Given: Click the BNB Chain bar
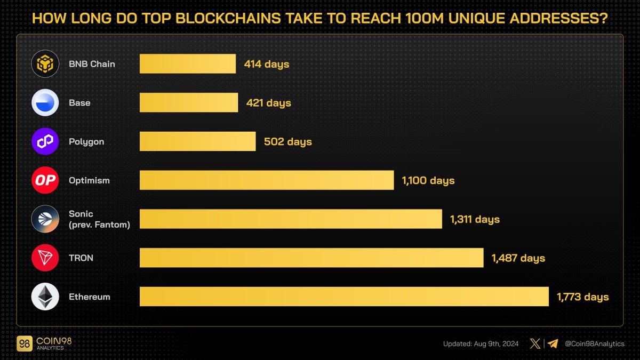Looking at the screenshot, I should pos(188,64).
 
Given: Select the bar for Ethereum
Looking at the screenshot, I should pos(344,297).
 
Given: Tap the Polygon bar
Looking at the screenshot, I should pos(198,142).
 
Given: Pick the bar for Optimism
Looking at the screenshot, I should pos(267,180).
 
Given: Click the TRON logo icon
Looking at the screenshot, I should pos(45,258).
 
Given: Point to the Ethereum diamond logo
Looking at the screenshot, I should pos(45,297).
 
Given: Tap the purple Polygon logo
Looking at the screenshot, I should pos(45,142).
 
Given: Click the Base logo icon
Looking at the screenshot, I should pos(45,103).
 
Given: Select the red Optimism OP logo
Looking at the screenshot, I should pos(45,181).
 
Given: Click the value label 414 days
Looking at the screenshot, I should pos(267,65).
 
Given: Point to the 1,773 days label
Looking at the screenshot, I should pos(583,297).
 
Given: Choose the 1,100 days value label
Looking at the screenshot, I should pos(428,181).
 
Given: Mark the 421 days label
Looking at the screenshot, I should pos(269,103).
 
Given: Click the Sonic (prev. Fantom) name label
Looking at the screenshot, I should pos(99,219).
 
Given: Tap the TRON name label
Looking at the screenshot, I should pos(81,258).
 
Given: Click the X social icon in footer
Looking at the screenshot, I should pos(535,343).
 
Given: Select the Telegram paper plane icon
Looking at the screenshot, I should pos(553,343).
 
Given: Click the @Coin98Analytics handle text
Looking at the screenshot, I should pos(594,344).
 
